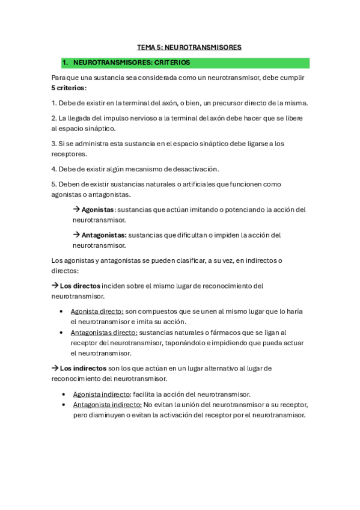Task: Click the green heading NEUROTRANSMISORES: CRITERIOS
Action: click(131, 63)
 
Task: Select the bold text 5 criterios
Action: click(69, 87)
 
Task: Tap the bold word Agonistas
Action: click(97, 210)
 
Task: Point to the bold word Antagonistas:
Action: click(104, 235)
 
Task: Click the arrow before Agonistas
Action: click(76, 210)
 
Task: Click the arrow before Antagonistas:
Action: click(76, 235)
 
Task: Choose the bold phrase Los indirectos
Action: click(83, 368)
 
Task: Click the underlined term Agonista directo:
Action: click(97, 312)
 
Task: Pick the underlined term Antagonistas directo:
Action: click(104, 333)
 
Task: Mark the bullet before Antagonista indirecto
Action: click(64, 405)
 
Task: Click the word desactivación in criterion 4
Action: click(191, 169)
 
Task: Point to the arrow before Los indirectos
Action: click(55, 368)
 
